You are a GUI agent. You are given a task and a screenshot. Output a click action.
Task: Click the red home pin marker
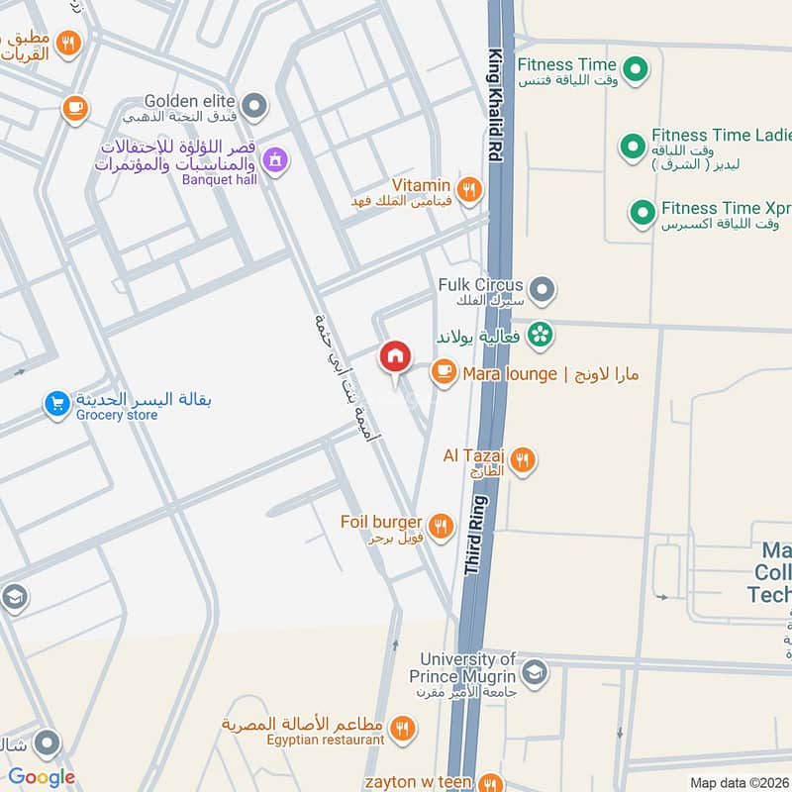click(394, 356)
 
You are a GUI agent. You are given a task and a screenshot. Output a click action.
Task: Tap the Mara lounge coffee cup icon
click(443, 372)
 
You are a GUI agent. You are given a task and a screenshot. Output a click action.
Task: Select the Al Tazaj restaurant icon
click(523, 459)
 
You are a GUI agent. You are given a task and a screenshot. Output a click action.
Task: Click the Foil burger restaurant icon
click(442, 525)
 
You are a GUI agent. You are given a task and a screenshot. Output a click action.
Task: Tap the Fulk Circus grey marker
click(541, 291)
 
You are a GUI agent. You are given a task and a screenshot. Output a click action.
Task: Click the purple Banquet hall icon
click(276, 157)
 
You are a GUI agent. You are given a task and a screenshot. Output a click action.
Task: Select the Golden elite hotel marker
click(255, 104)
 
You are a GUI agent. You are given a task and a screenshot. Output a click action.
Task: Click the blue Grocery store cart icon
click(56, 404)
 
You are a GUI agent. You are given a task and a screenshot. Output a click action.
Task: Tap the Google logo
click(42, 777)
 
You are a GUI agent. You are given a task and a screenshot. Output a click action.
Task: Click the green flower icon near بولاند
click(540, 335)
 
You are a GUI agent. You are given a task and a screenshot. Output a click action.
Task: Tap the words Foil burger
click(381, 522)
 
